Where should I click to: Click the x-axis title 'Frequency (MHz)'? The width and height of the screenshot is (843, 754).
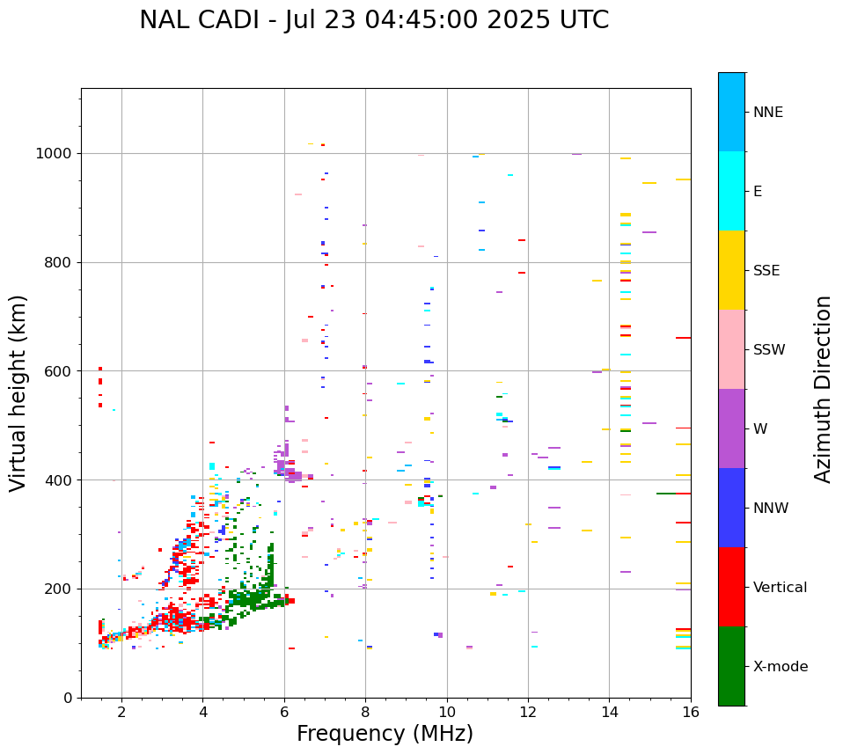385,734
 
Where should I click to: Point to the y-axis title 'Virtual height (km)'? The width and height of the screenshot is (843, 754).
18,392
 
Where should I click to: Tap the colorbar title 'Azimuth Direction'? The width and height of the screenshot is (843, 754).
823,389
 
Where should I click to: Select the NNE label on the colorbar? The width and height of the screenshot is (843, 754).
767,113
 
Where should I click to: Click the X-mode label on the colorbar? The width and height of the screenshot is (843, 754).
780,667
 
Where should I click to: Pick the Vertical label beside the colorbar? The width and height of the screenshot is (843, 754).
780,588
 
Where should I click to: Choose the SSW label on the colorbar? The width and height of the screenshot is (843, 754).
768,350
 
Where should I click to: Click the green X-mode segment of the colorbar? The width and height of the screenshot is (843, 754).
731,666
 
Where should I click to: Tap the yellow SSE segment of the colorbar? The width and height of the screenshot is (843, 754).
731,270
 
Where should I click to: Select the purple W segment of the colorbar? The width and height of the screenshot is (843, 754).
731,428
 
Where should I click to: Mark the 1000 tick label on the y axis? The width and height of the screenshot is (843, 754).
54,154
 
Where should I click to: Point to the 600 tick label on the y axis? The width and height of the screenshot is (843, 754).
58,371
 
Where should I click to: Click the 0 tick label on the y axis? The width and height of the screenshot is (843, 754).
67,698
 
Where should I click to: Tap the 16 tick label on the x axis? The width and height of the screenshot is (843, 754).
691,713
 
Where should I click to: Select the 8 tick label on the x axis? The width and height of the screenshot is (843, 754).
365,713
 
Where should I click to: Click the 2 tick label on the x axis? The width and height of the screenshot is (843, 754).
121,713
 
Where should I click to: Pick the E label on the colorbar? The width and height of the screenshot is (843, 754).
758,192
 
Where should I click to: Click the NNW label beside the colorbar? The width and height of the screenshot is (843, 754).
771,509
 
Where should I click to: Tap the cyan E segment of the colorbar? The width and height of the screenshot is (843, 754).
731,191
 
